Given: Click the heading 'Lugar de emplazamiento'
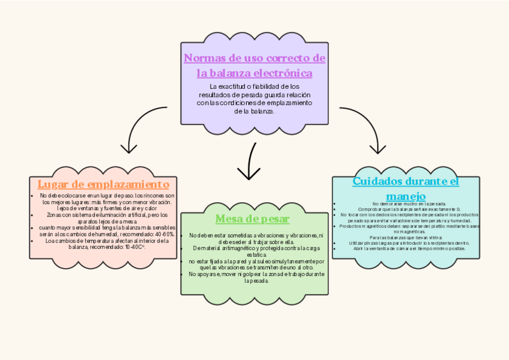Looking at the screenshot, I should pyautogui.click(x=103, y=184).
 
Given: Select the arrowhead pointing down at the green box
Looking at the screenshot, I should pyautogui.click(x=248, y=174).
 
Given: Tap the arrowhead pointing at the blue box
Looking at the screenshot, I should pyautogui.click(x=378, y=148).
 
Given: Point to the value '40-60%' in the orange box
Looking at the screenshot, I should pyautogui.click(x=162, y=234).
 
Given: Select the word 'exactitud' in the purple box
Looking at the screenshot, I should pyautogui.click(x=237, y=86).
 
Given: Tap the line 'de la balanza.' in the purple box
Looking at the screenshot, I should pyautogui.click(x=254, y=112).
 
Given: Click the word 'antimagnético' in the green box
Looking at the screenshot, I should pyautogui.click(x=232, y=248).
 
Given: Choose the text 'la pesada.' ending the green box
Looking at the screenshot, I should pyautogui.click(x=254, y=281).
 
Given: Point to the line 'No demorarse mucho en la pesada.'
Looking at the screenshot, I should pyautogui.click(x=405, y=204).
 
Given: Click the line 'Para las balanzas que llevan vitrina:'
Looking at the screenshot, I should pyautogui.click(x=405, y=237).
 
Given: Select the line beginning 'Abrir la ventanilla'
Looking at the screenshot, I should pyautogui.click(x=405, y=248).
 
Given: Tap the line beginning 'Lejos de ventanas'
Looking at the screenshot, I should pyautogui.click(x=102, y=208).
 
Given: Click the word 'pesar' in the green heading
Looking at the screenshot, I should pyautogui.click(x=275, y=219).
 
